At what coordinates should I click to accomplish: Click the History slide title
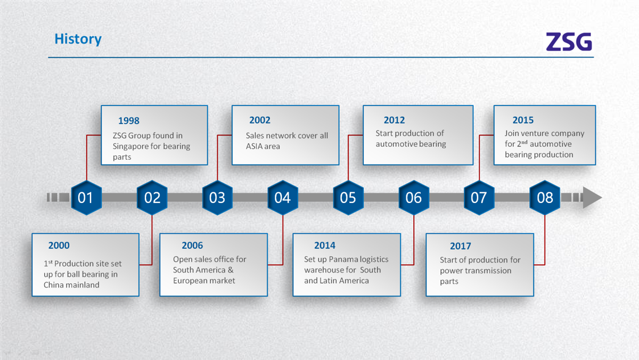78,39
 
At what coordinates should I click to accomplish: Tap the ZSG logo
569,42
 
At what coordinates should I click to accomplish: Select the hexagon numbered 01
86,198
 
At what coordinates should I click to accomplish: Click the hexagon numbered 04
283,198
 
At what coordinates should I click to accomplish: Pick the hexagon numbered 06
414,198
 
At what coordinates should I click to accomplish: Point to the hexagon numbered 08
545,198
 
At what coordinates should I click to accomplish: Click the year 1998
129,121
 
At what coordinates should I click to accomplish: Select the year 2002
260,120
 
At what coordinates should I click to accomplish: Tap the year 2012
394,120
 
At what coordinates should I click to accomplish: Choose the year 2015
523,120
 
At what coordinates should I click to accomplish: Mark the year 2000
59,246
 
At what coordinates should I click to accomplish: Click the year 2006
192,246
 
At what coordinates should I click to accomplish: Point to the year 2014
325,246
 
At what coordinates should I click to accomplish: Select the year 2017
461,246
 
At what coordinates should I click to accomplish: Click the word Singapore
130,146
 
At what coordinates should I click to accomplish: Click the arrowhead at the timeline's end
592,198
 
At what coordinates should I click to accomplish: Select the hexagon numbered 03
217,198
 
